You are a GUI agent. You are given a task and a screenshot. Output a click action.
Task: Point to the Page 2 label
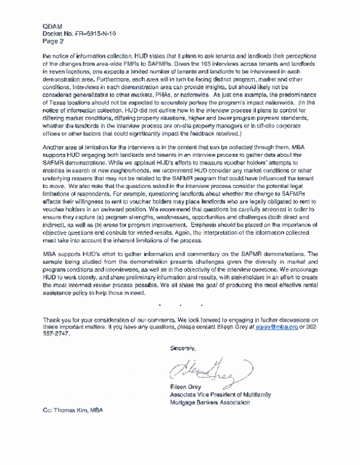point(53,41)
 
